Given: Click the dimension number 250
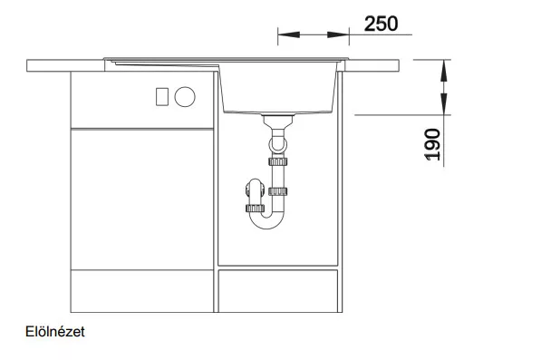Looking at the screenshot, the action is tap(381, 24).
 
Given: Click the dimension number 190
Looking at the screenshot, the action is tap(432, 144).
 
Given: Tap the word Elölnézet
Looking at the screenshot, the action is tap(55, 332).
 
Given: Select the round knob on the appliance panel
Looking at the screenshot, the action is tap(185, 97).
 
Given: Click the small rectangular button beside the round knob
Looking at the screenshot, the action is tap(162, 97).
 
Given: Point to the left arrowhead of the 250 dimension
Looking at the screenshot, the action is tap(289, 34).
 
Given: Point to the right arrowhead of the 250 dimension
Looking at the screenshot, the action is tap(338, 34).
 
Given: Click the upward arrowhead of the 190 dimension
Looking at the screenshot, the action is tap(444, 71).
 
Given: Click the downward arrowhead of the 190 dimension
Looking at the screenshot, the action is tap(444, 104).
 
